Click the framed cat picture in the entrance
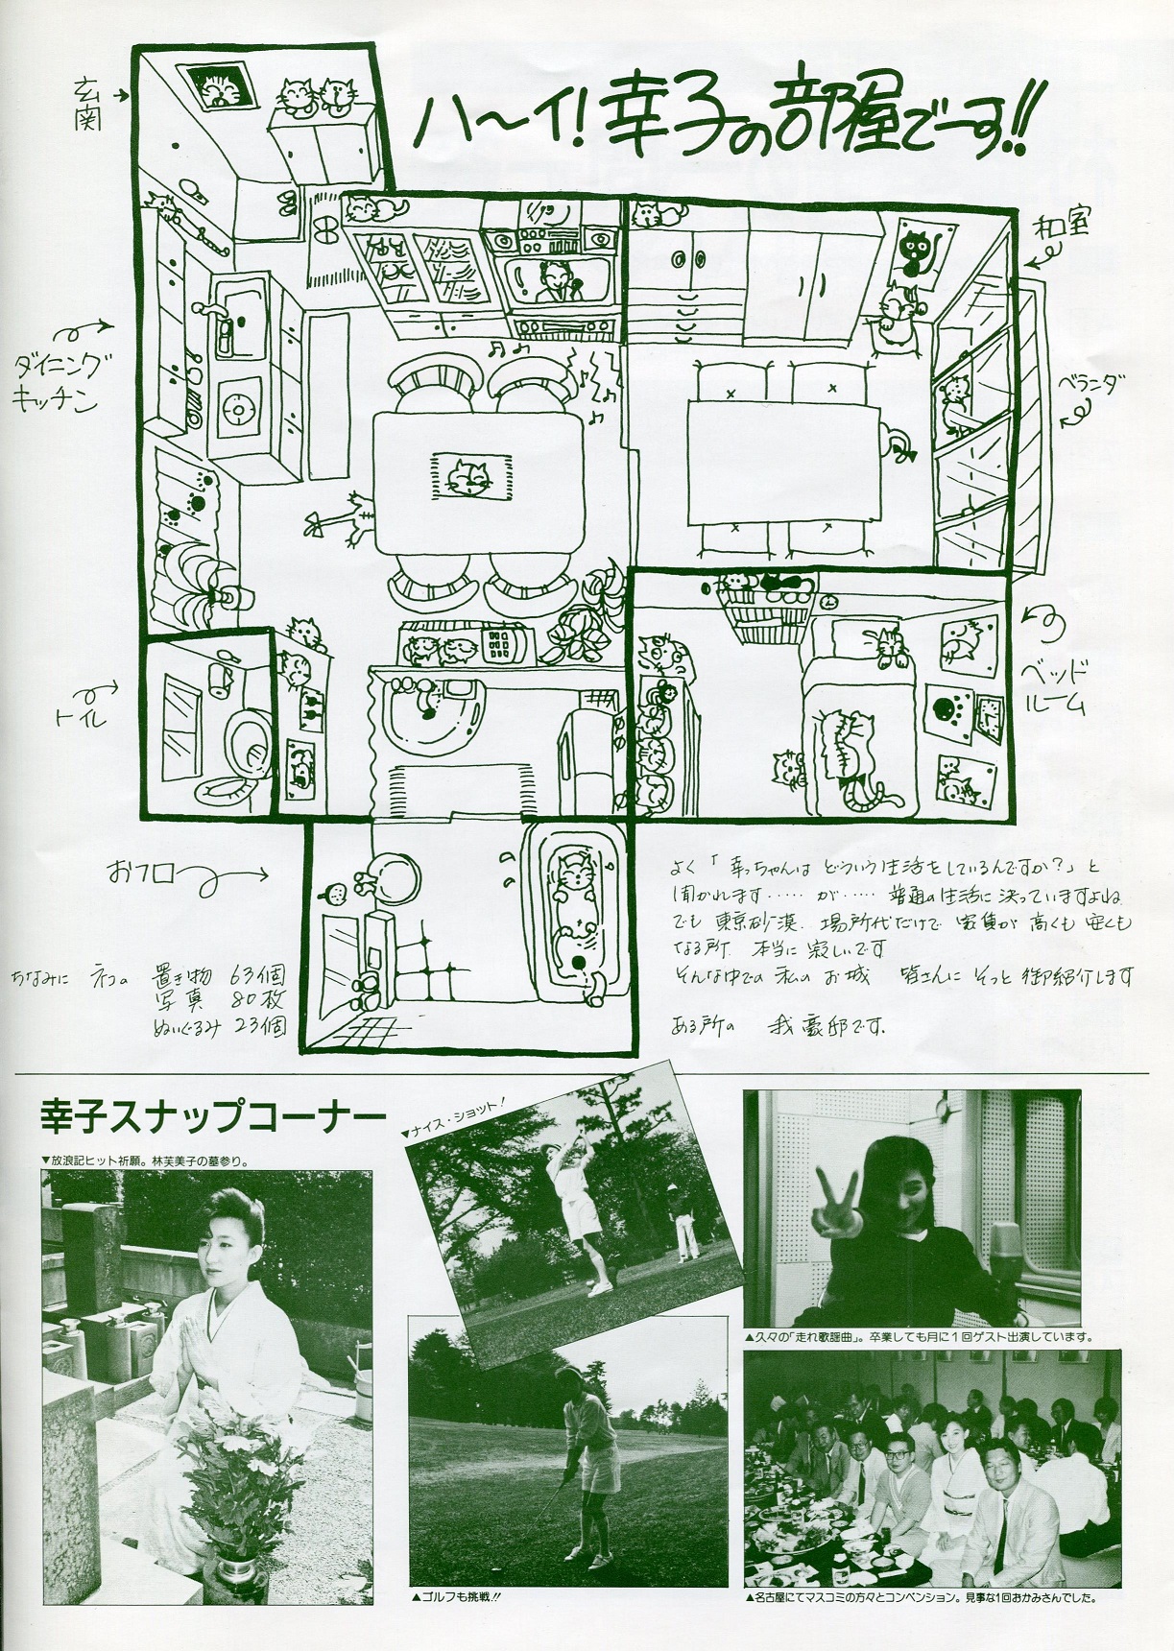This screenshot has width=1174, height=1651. tap(220, 88)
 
